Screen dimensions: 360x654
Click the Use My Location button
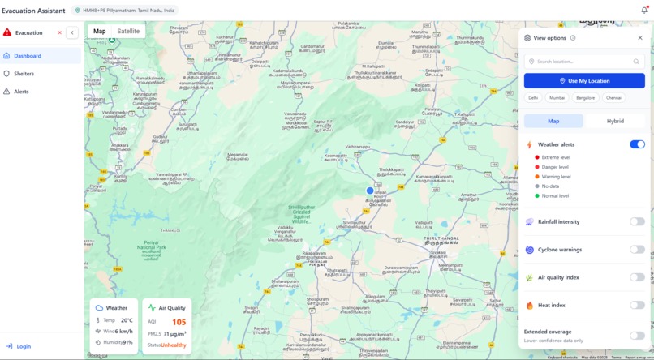click(584, 81)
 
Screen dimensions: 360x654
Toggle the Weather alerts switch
click(637, 144)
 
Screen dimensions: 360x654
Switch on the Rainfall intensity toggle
click(637, 221)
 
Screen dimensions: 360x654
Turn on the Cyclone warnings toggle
click(637, 250)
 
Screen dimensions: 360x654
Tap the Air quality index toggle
click(637, 277)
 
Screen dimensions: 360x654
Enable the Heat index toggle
click(637, 306)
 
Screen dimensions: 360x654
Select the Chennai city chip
click(613, 97)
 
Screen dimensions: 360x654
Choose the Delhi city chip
click(533, 97)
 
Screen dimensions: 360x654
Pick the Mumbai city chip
click(557, 97)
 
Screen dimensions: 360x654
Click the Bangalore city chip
click(585, 97)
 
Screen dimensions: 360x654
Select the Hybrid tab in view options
click(615, 121)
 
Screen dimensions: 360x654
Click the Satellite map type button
click(128, 32)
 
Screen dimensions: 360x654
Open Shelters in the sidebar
click(24, 74)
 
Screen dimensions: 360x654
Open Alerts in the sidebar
click(21, 92)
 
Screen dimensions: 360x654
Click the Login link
click(24, 346)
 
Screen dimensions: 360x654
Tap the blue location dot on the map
click(370, 191)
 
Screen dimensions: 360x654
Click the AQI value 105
click(179, 322)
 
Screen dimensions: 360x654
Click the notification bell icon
click(644, 10)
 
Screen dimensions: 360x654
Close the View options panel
click(639, 37)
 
